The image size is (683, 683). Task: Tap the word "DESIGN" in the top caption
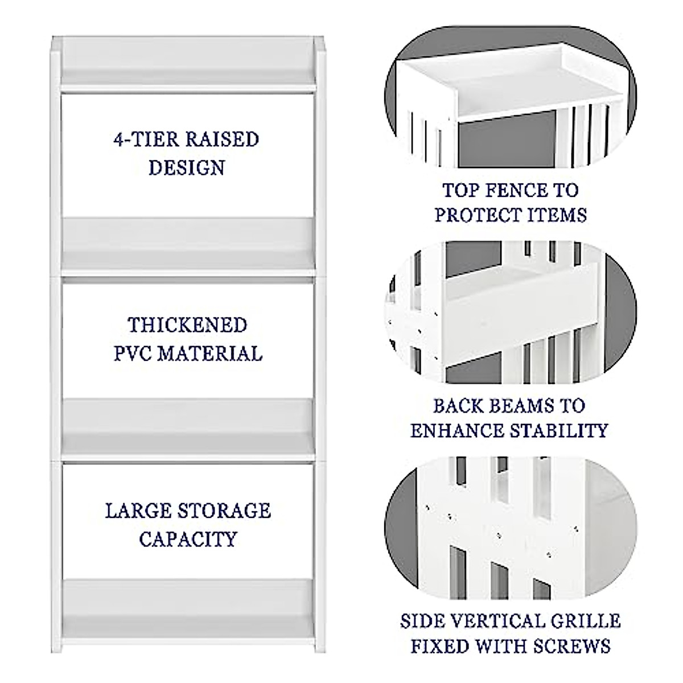(186, 168)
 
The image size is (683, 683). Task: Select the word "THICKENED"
(187, 326)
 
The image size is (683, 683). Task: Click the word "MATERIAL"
(209, 353)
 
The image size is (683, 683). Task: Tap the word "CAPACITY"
(187, 538)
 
